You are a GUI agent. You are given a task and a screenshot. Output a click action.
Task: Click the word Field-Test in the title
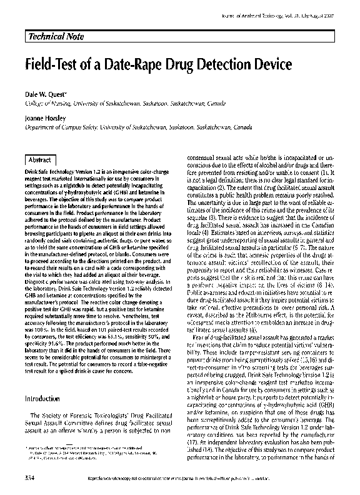coord(54,64)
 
